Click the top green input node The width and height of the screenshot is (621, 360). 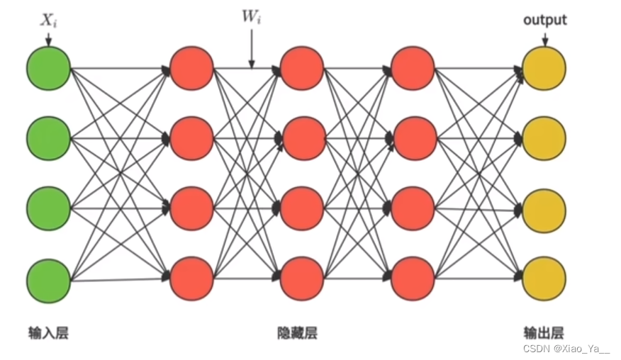tap(48, 69)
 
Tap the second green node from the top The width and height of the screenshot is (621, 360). tap(48, 138)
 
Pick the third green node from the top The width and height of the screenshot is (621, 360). tap(48, 208)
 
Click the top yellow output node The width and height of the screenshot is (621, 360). tap(544, 69)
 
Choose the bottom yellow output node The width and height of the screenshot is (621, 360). tap(544, 278)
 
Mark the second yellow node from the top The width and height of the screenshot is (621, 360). tap(544, 138)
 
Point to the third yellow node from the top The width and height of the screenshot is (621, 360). tap(544, 208)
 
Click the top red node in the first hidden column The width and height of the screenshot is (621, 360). tap(192, 69)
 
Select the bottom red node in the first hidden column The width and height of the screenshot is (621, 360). tap(192, 278)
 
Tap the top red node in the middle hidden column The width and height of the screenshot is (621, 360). tap(302, 69)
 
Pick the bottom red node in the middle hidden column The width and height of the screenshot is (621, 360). tap(302, 278)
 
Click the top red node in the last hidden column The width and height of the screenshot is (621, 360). tap(412, 69)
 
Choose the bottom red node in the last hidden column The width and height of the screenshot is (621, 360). tap(412, 278)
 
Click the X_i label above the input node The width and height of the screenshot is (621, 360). tap(47, 21)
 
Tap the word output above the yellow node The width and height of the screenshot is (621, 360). tap(544, 20)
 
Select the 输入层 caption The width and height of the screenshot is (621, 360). tap(48, 332)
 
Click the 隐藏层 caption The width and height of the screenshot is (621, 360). tap(297, 332)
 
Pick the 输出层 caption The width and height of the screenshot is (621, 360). tap(544, 332)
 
